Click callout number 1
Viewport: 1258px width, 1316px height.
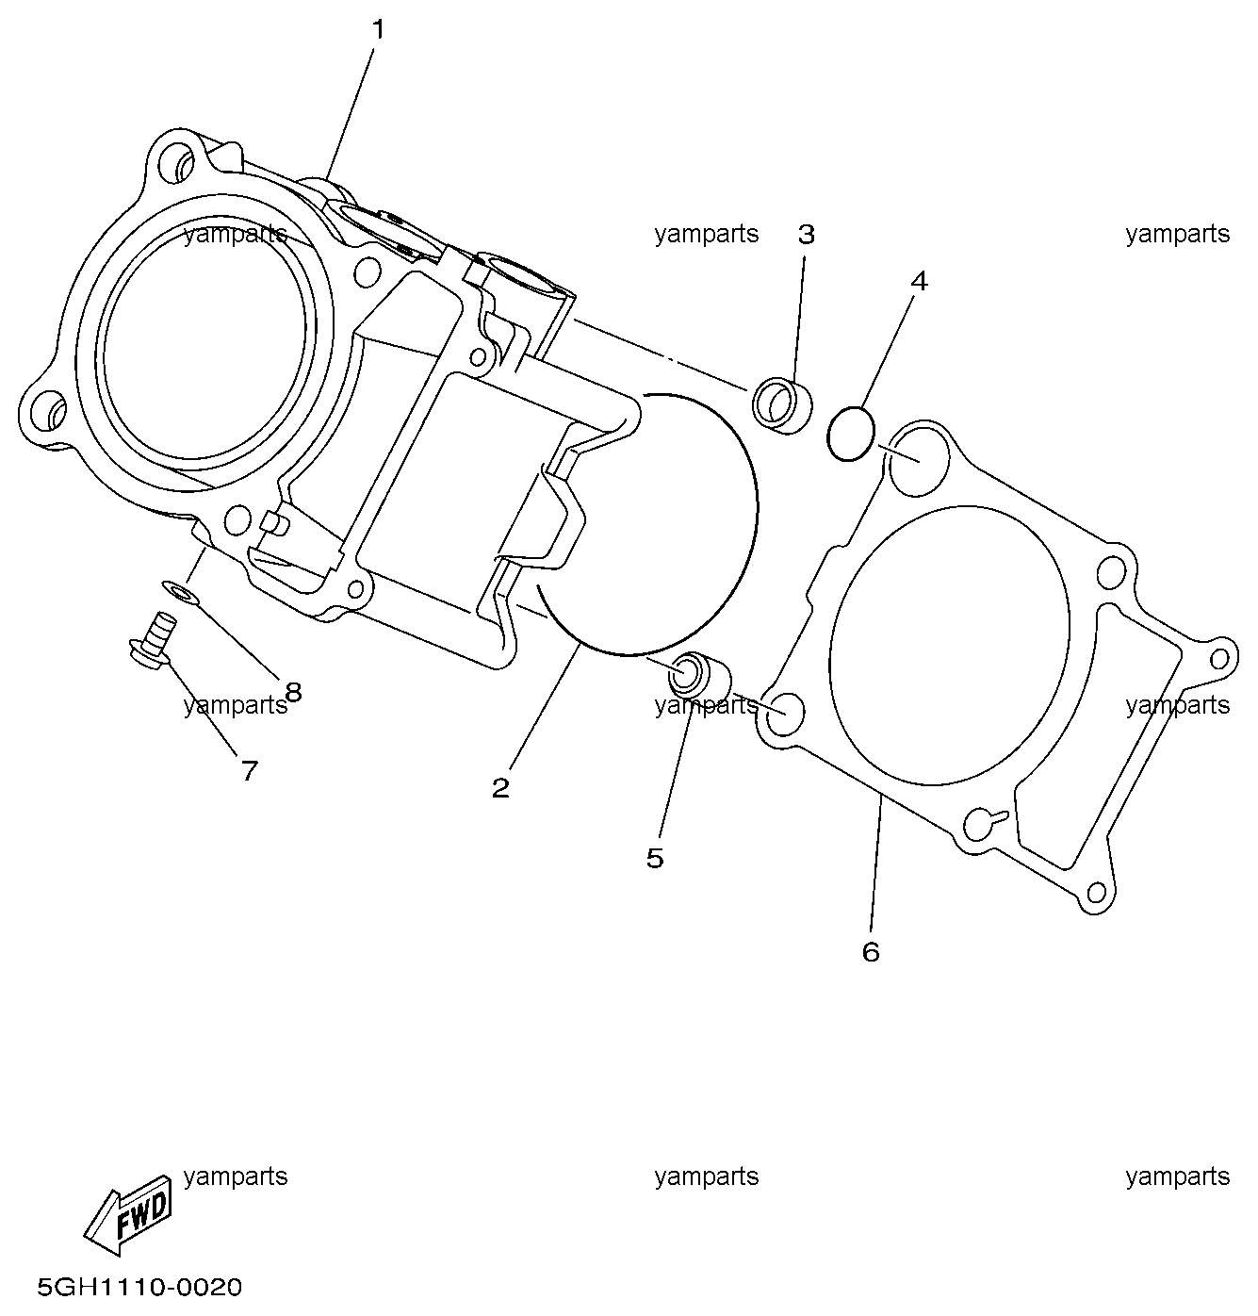[x=378, y=30]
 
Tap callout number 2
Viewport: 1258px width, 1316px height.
[x=500, y=787]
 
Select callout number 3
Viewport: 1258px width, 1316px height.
[x=806, y=235]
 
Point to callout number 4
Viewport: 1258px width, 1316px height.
[x=919, y=281]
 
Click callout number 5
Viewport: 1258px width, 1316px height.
[x=655, y=858]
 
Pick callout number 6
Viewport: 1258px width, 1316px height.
[x=871, y=951]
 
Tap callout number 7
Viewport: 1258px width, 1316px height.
[x=249, y=771]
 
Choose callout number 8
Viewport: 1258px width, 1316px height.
[x=293, y=692]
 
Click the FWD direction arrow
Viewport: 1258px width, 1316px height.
[x=129, y=1219]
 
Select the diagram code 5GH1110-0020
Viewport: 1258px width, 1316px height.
[x=139, y=1287]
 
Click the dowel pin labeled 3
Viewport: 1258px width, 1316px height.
[x=782, y=405]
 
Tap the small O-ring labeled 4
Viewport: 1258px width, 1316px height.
[x=849, y=434]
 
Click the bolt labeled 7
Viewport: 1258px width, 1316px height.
[x=153, y=638]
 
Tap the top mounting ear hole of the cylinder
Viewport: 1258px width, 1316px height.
[x=177, y=162]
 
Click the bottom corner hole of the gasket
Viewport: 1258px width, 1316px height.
[x=1094, y=893]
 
